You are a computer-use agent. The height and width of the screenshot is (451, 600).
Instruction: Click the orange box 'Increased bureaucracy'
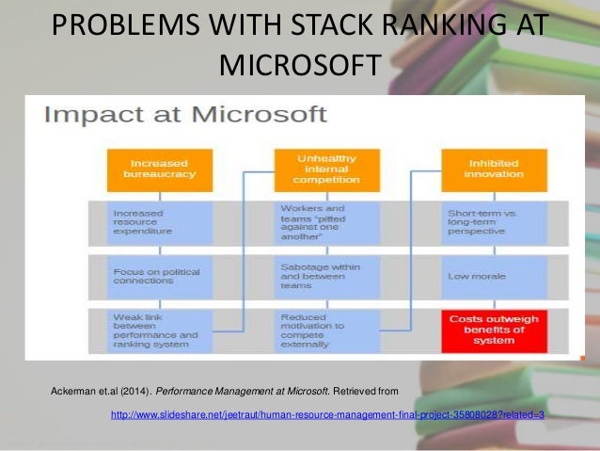[x=147, y=169]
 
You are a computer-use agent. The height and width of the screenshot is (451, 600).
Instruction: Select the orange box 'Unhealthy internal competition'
[x=315, y=169]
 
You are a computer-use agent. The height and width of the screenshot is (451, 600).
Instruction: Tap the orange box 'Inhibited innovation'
[x=482, y=169]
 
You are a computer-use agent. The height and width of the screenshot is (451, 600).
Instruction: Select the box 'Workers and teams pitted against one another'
[x=315, y=222]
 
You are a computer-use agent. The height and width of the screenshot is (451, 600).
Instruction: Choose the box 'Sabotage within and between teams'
[x=315, y=276]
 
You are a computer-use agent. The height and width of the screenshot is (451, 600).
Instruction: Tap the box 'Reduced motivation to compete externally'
[x=315, y=330]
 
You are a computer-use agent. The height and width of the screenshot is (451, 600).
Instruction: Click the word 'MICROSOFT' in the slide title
[x=300, y=66]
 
